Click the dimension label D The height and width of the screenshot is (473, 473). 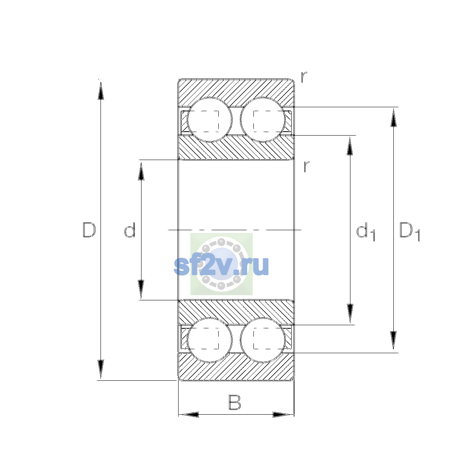click(89, 230)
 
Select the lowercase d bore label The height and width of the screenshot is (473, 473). click(130, 230)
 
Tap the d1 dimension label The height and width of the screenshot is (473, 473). click(365, 231)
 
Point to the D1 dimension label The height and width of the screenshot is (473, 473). click(410, 231)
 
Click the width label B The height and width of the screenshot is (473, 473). click(235, 402)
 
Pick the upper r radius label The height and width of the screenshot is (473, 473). click(304, 77)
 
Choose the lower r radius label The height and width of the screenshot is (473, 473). click(306, 166)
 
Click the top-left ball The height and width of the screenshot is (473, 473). click(209, 120)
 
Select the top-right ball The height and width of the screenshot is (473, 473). click(263, 120)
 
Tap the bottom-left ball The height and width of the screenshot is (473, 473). click(209, 340)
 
